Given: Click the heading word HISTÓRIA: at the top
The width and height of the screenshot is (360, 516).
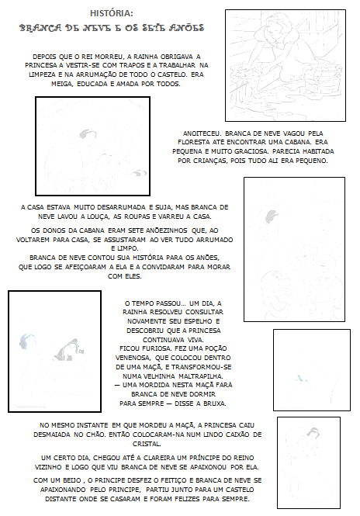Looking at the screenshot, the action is point(112,13).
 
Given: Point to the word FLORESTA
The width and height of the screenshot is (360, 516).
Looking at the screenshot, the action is point(193,143).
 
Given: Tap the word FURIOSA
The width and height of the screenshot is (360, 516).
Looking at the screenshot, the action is point(156,348).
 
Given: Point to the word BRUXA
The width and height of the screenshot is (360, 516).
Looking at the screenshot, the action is point(214,403).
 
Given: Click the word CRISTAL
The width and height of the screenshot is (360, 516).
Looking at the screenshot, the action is point(147,444).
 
